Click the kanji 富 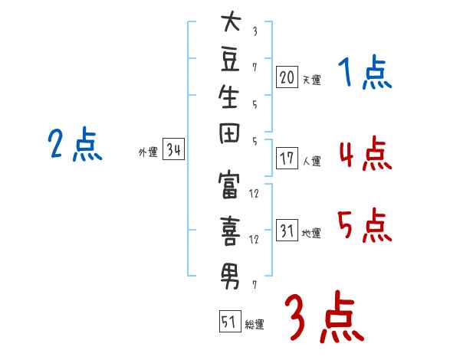231,188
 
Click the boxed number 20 287,77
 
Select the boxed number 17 287,159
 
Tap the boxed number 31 287,231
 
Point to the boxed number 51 229,322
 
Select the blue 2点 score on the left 74,143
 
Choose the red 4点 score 364,152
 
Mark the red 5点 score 364,225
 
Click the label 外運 148,152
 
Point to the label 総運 255,325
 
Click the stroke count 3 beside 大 255,31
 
